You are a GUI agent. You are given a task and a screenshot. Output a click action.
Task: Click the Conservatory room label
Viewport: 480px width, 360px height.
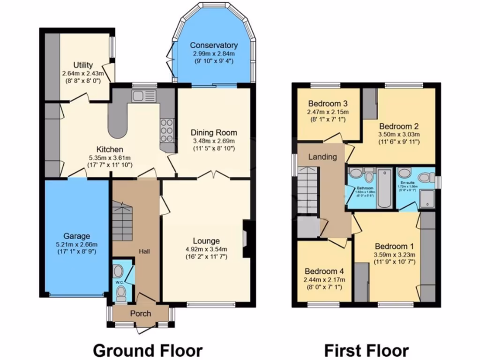(213, 45)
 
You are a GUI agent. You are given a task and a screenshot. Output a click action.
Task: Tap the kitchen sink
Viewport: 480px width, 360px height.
(140, 96)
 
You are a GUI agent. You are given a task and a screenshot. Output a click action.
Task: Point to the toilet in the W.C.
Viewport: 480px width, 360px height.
(121, 293)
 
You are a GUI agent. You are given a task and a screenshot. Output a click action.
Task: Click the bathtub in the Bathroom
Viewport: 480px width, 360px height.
(384, 188)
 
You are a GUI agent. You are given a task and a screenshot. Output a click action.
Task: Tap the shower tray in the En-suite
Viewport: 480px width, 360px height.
(427, 198)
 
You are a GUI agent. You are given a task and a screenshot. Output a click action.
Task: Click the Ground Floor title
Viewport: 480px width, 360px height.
(148, 350)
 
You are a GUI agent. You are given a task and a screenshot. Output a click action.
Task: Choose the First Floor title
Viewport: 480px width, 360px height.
(366, 350)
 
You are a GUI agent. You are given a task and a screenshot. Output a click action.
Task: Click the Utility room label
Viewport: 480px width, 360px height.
(82, 65)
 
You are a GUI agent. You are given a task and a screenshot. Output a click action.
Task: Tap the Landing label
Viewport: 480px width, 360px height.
(322, 157)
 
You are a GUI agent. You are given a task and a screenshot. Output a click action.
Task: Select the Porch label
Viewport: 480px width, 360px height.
(141, 313)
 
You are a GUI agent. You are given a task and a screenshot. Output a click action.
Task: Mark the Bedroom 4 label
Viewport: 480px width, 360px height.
(324, 271)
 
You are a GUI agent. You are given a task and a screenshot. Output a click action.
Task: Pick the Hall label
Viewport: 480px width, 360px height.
(143, 252)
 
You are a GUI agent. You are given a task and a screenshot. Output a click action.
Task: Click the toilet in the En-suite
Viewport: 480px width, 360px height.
(426, 177)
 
